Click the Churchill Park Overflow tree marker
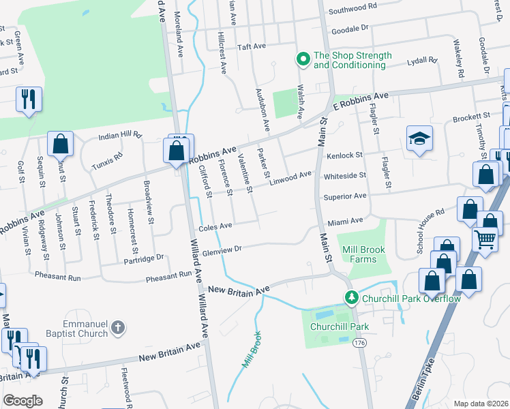[x=351, y=297]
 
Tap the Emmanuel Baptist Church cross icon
[x=118, y=328]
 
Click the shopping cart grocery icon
[x=484, y=240]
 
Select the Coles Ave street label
[x=215, y=226]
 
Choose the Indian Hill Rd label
[x=119, y=136]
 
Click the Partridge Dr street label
[x=144, y=258]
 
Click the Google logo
[x=22, y=400]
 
